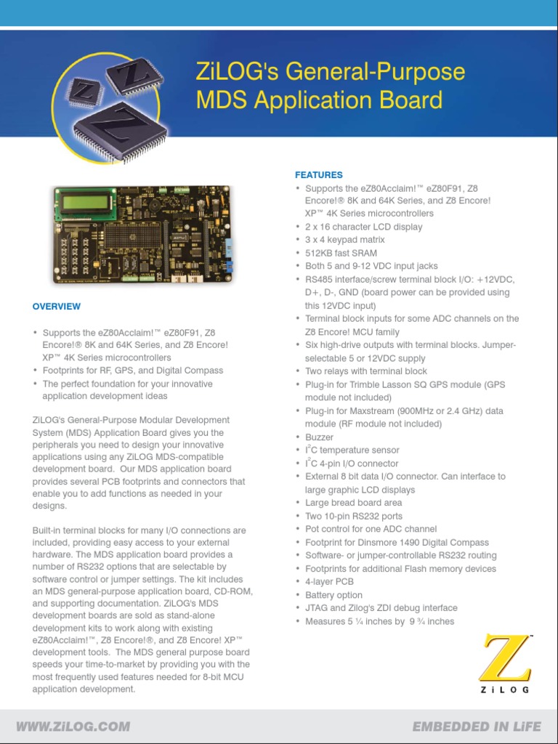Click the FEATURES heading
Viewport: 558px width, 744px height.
click(318, 175)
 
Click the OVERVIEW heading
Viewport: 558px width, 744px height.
click(57, 307)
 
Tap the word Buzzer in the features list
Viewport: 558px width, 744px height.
click(319, 437)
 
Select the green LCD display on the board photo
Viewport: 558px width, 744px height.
click(81, 201)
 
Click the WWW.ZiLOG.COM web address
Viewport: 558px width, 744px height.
click(73, 726)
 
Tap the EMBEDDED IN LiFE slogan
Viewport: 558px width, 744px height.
click(476, 726)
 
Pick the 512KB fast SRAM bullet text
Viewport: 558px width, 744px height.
click(341, 253)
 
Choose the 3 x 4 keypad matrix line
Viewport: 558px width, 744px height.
click(345, 240)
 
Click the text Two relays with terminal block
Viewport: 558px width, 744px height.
click(366, 371)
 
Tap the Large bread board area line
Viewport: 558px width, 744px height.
click(353, 503)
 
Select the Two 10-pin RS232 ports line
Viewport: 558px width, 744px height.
click(354, 516)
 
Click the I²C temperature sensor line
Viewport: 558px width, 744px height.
click(352, 450)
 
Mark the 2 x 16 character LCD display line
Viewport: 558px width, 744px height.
click(363, 227)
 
